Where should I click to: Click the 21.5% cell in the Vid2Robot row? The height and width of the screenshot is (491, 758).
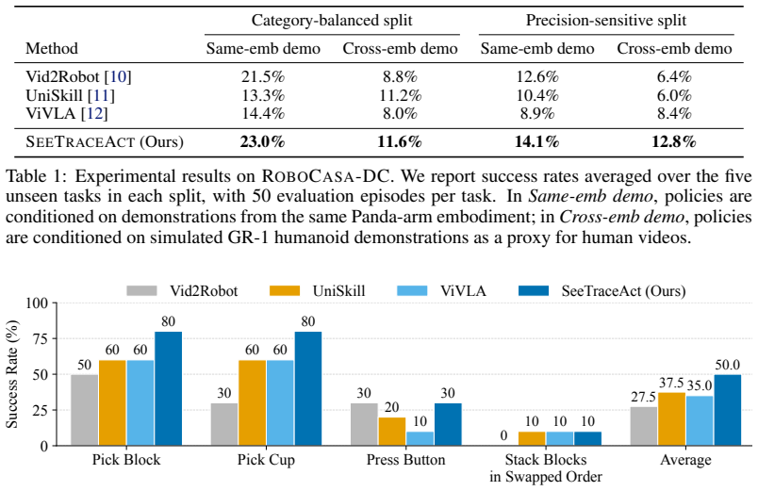pos(263,76)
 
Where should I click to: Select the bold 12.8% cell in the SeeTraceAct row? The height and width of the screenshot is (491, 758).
pos(674,141)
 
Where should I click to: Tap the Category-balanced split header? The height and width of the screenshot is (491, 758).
pos(332,21)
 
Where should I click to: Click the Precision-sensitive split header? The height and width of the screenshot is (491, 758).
pos(605,21)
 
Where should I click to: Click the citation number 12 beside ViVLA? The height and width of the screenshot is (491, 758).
pos(94,114)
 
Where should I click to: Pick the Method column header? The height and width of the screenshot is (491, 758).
pos(51,48)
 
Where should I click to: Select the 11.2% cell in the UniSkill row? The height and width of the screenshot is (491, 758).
pos(400,95)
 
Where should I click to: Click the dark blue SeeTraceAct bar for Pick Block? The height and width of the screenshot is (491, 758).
pos(168,388)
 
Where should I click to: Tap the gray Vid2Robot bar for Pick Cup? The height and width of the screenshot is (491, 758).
pos(224,424)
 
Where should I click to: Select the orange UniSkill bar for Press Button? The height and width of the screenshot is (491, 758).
pos(392,431)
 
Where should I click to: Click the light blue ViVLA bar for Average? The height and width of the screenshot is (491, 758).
pos(700,420)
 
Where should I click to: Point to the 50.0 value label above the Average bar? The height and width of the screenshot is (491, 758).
pos(728,365)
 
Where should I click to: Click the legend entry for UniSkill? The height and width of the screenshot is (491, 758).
pos(318,290)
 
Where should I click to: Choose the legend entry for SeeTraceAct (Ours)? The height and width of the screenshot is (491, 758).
pos(601,290)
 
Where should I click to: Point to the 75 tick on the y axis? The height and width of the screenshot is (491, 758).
pos(40,338)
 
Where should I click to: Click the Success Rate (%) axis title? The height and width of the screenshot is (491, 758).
pos(11,374)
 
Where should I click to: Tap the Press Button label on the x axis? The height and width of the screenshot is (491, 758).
pos(405,459)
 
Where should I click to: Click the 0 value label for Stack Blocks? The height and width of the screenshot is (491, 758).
pos(503,435)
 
